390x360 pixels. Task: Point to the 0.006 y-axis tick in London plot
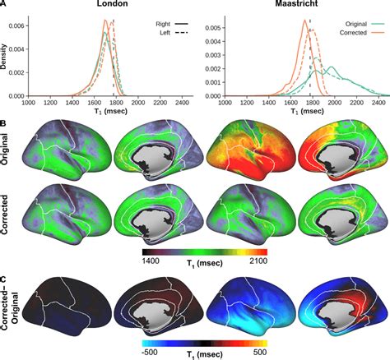[x=16, y=25]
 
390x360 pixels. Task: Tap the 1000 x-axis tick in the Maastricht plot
[x=225, y=103]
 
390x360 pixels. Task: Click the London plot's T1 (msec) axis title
[x=110, y=111]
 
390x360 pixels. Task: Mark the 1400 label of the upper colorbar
[x=151, y=261]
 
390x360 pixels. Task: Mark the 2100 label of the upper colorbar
[x=258, y=261]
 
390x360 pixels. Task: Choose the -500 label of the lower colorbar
[x=150, y=352]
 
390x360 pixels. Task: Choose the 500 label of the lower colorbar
[x=260, y=352]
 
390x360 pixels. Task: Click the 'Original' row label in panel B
[x=4, y=149]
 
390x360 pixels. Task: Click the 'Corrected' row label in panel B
[x=4, y=215]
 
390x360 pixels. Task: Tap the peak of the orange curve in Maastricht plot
[x=305, y=20]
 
